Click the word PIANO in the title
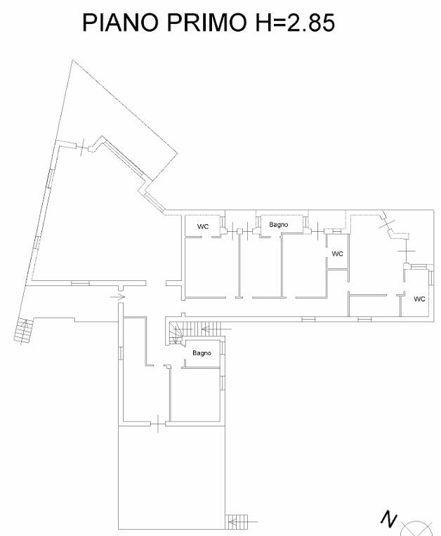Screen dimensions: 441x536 [120, 22]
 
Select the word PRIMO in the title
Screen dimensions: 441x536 [207, 22]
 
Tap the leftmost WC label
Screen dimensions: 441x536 [203, 227]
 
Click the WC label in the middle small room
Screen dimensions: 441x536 [338, 254]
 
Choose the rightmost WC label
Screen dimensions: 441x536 [419, 299]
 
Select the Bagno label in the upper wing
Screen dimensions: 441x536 [278, 225]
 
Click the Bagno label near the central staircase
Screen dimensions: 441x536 [202, 353]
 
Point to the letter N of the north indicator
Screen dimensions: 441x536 [389, 519]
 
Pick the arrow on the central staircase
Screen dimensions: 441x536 [216, 329]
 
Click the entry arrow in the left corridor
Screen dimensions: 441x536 [118, 297]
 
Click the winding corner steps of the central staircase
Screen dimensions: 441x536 [176, 332]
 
